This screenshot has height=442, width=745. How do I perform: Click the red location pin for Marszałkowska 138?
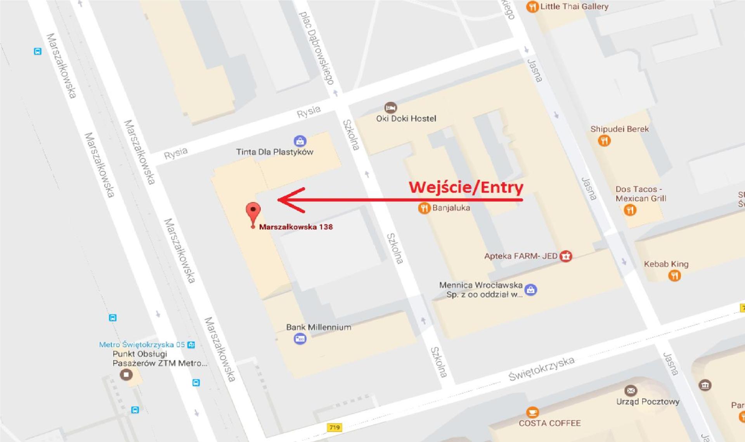[253, 211]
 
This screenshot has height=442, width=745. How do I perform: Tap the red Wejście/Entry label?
[466, 187]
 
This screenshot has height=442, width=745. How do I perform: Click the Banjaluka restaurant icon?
[424, 208]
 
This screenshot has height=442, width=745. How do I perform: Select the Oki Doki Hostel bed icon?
[390, 107]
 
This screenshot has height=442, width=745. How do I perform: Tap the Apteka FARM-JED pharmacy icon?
[566, 256]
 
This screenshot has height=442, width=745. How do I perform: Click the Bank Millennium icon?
[300, 339]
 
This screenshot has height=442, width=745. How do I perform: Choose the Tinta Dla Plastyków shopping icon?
[300, 141]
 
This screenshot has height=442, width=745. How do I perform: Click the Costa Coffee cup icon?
[532, 412]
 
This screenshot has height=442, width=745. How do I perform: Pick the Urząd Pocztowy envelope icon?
[631, 390]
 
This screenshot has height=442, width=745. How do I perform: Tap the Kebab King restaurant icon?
[674, 276]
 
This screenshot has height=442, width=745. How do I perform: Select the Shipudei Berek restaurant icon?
[604, 140]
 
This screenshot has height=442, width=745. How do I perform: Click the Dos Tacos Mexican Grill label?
[640, 194]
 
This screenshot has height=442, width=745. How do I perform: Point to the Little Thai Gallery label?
[574, 6]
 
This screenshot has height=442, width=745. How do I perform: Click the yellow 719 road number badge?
[334, 427]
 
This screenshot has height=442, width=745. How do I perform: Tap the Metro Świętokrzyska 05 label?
[142, 345]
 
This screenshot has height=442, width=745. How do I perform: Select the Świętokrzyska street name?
[541, 369]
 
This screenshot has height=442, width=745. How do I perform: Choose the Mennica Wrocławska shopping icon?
[530, 289]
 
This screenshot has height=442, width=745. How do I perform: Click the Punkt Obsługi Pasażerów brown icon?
[126, 374]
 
